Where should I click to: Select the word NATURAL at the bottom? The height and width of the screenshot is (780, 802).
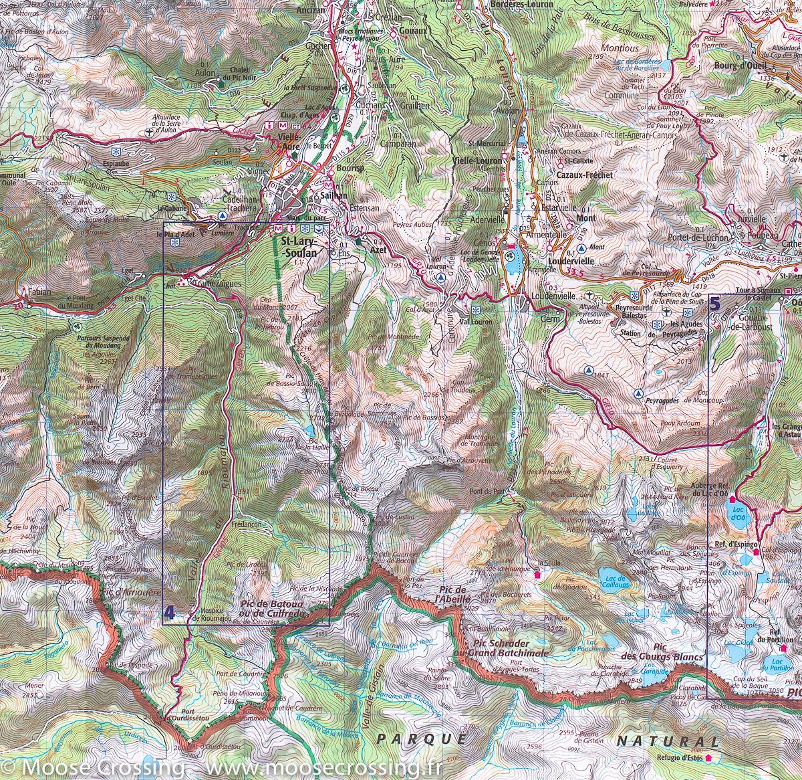pyautogui.click(x=668, y=741)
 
